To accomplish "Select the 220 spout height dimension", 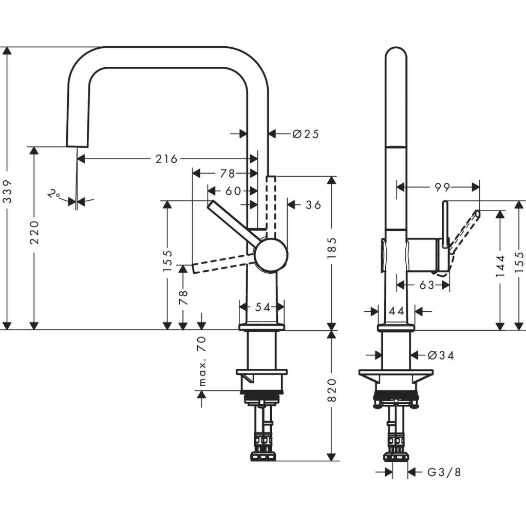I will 34,232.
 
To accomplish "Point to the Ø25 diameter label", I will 306,134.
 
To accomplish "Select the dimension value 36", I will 313,205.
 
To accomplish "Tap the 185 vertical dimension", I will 332,248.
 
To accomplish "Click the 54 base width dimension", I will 262,307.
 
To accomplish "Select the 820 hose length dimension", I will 332,390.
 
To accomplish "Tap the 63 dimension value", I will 426,285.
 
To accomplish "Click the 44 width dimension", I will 396,311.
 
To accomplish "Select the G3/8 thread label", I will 444,472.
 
